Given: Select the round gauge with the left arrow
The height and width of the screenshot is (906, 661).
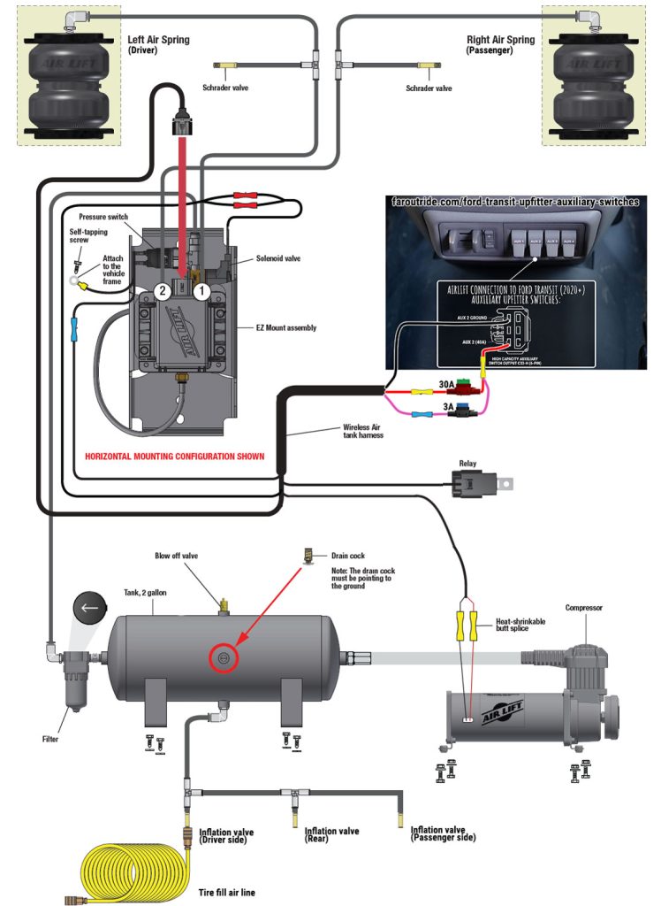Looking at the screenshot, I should click(87, 608).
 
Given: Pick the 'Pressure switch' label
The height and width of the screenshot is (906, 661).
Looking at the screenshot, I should click(105, 217).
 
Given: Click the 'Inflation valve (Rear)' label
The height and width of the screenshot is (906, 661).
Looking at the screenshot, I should click(331, 835).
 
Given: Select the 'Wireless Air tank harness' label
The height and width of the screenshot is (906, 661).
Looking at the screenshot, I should click(362, 431).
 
